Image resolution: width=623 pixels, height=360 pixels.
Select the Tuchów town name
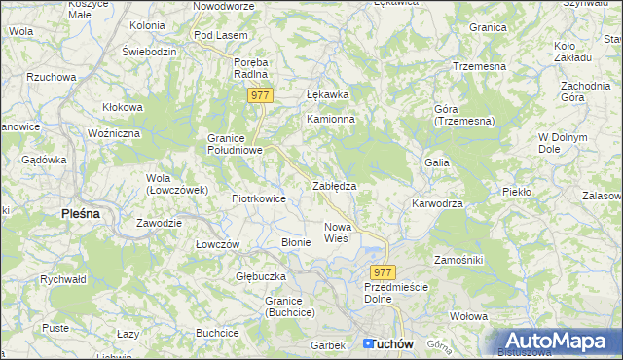point(391,344)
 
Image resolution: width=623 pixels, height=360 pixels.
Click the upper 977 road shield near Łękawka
point(260,95)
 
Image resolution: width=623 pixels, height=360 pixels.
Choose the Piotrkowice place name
point(258,198)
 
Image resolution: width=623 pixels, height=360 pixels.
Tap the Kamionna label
point(331,119)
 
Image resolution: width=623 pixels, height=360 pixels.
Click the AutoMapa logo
point(556,341)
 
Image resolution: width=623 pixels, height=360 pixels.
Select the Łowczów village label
point(217,244)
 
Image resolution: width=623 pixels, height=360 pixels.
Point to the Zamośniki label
point(465,261)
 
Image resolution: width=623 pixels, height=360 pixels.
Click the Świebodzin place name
point(149,51)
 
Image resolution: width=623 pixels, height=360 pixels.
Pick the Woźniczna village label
point(114,132)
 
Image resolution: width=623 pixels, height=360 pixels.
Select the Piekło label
point(517,192)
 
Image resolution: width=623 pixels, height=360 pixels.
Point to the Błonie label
point(295,242)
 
